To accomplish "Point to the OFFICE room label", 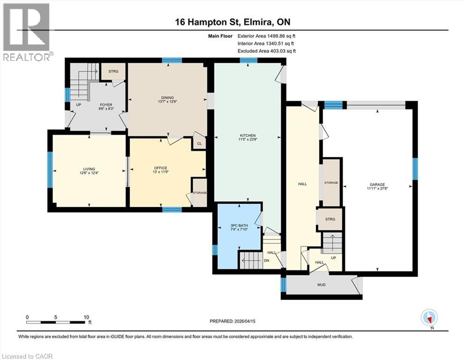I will pyautogui.click(x=161, y=168).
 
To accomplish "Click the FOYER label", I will pyautogui.click(x=105, y=105).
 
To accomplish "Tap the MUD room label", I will pyautogui.click(x=321, y=285).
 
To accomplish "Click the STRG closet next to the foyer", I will pyautogui.click(x=113, y=71).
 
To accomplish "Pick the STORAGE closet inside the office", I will pyautogui.click(x=199, y=193).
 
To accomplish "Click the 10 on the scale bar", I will pyautogui.click(x=86, y=317).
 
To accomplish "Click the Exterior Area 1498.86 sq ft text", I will pyautogui.click(x=267, y=36).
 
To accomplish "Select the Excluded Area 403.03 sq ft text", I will pyautogui.click(x=267, y=51).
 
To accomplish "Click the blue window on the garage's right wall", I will pyautogui.click(x=414, y=169).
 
